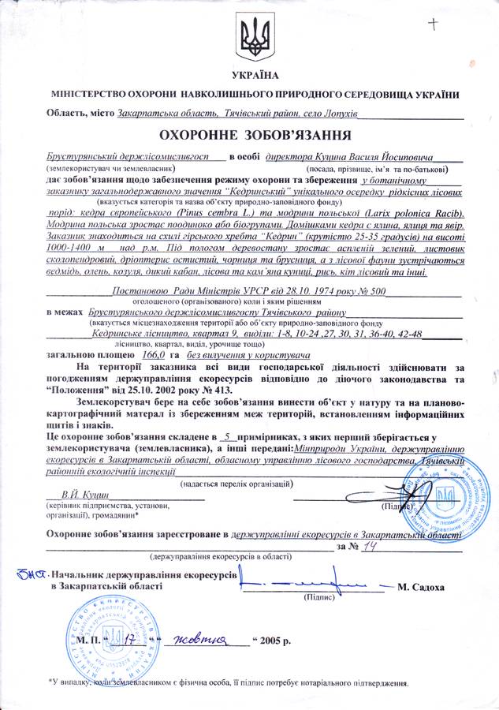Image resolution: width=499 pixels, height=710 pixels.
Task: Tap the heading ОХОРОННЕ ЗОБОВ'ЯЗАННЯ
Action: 253,133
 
